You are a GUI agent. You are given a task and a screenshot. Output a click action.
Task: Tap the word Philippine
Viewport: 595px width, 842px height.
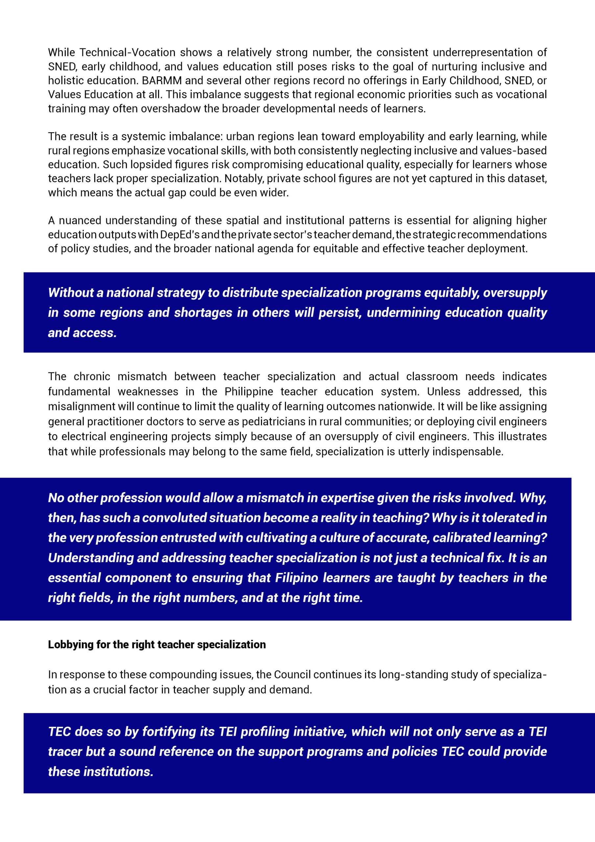249,392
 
